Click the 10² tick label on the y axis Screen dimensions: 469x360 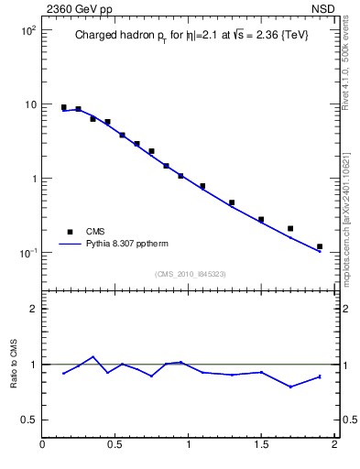click(x=27, y=30)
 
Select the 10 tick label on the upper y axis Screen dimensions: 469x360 click(x=29, y=104)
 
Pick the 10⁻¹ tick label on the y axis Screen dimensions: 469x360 click(x=26, y=253)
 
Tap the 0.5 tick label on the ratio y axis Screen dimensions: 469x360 click(x=28, y=420)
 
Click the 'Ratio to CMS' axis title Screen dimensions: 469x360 click(x=13, y=364)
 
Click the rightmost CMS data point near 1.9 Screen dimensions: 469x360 click(x=320, y=246)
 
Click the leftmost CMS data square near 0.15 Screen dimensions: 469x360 click(x=63, y=107)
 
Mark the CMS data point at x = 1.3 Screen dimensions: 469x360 click(x=232, y=202)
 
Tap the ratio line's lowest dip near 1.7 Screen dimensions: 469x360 click(x=290, y=387)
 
